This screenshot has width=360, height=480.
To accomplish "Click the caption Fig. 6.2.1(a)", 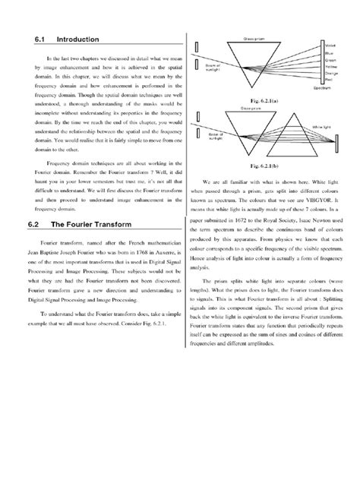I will pyautogui.click(x=261, y=100).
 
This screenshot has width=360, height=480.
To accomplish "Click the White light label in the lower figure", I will pyautogui.click(x=321, y=128).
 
